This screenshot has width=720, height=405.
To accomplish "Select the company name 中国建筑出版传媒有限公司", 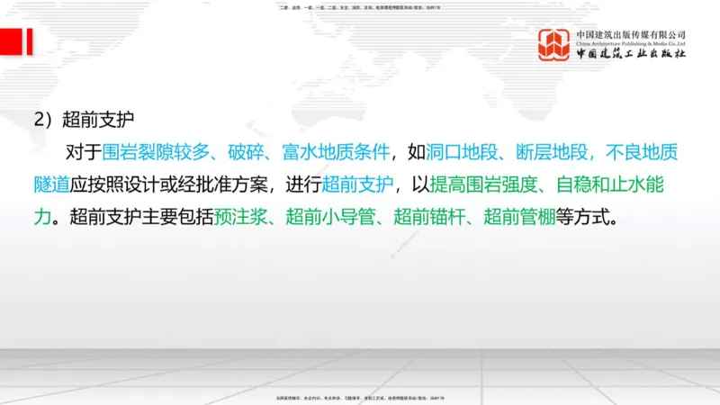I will pyautogui.click(x=631, y=33).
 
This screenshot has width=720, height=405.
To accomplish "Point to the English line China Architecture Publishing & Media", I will pyautogui.click(x=631, y=43).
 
